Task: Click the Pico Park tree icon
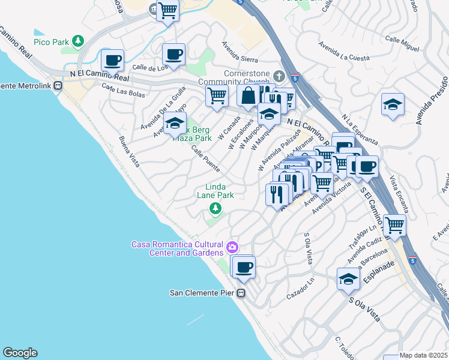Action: coord(77,41)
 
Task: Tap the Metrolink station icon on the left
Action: coord(58,85)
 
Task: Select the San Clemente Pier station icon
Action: coord(241,293)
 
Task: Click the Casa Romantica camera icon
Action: coord(232,247)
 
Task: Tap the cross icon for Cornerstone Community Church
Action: coord(278,76)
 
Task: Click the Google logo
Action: coord(20,353)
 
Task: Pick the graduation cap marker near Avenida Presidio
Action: coord(393,104)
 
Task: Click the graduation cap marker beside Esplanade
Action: coord(348,280)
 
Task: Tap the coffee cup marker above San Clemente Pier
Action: coord(244,267)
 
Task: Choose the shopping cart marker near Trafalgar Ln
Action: coord(394,226)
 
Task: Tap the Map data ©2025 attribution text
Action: coord(423,355)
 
